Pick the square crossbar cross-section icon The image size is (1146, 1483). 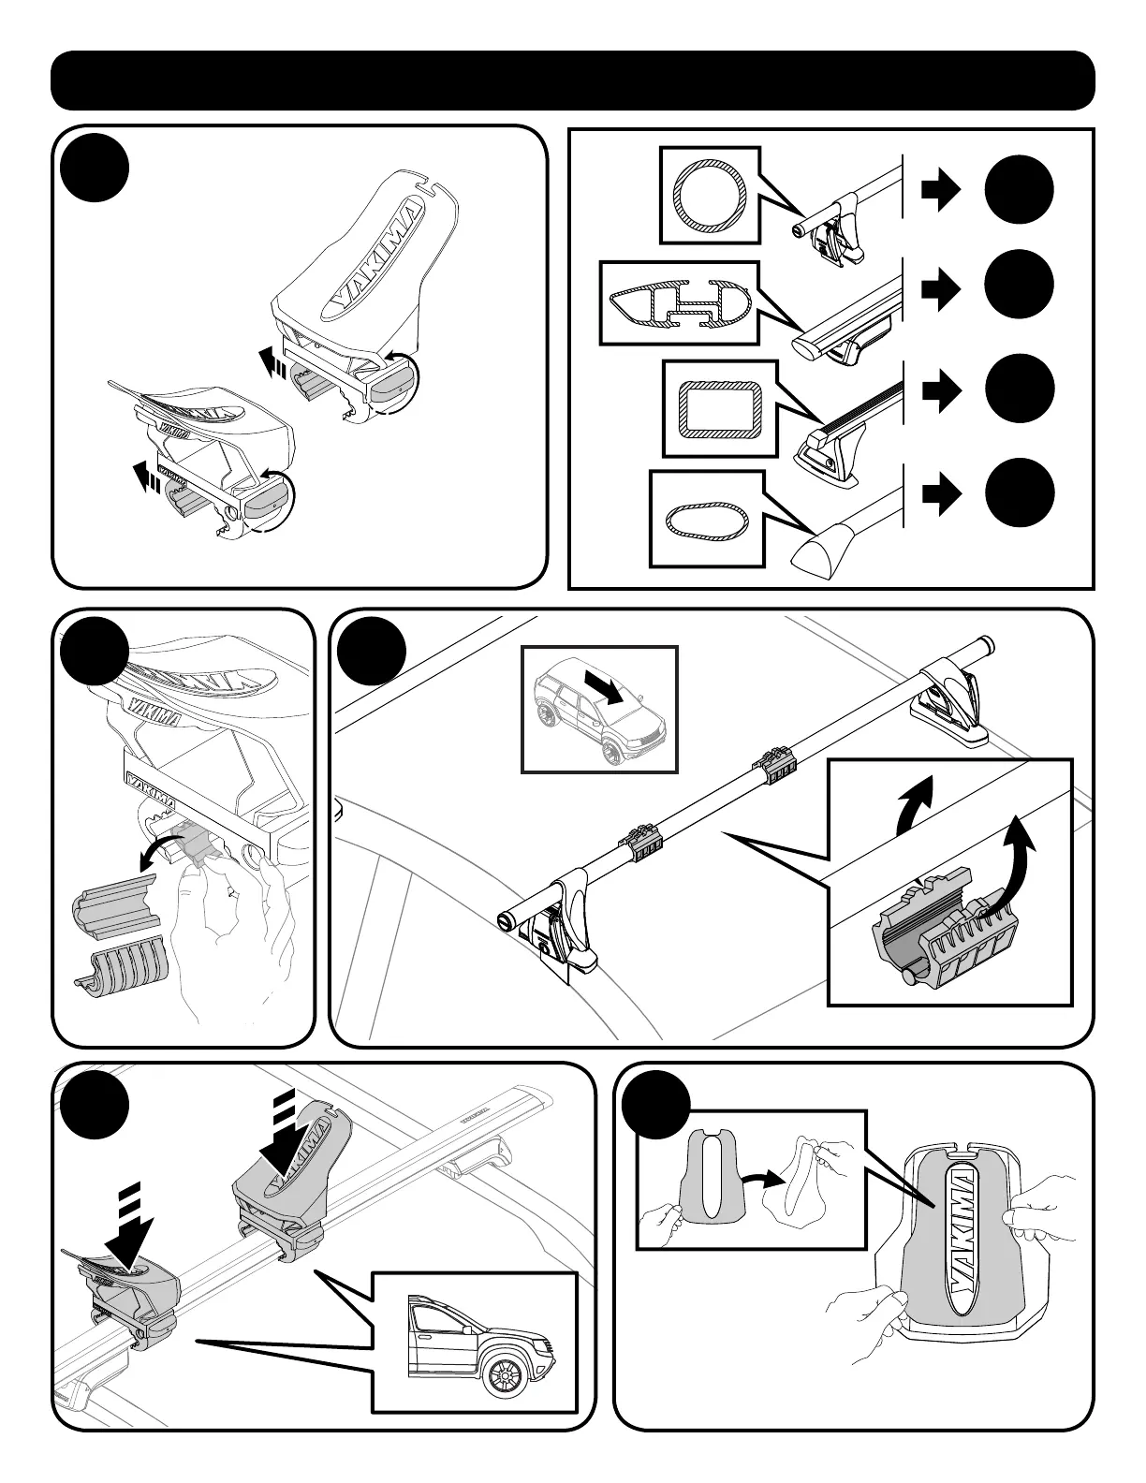point(719,408)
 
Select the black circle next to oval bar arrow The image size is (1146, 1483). point(1019,493)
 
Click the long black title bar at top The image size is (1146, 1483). point(572,81)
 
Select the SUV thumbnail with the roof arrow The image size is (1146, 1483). point(598,709)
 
